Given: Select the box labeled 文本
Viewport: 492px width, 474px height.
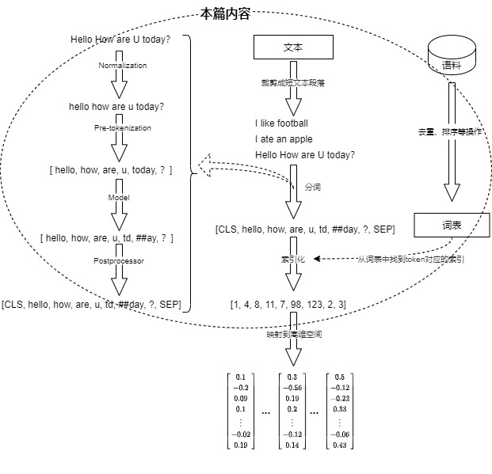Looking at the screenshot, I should tap(292, 48).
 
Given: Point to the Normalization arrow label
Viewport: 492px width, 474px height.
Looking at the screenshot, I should tap(123, 65).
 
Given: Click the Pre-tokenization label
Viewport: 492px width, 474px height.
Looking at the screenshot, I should tap(122, 127).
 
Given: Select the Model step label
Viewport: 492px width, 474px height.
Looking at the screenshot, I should tap(119, 197).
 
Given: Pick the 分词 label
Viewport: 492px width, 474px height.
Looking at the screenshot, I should tap(313, 188).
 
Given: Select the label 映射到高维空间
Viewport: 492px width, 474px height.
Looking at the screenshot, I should tap(294, 335).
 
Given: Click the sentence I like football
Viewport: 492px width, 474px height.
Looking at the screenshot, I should tap(281, 123).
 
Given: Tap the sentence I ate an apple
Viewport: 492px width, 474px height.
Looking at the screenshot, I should tap(284, 139).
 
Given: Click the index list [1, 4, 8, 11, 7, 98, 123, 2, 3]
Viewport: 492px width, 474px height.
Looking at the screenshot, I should tap(288, 304).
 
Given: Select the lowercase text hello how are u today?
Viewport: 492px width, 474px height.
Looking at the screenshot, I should tap(117, 106).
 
